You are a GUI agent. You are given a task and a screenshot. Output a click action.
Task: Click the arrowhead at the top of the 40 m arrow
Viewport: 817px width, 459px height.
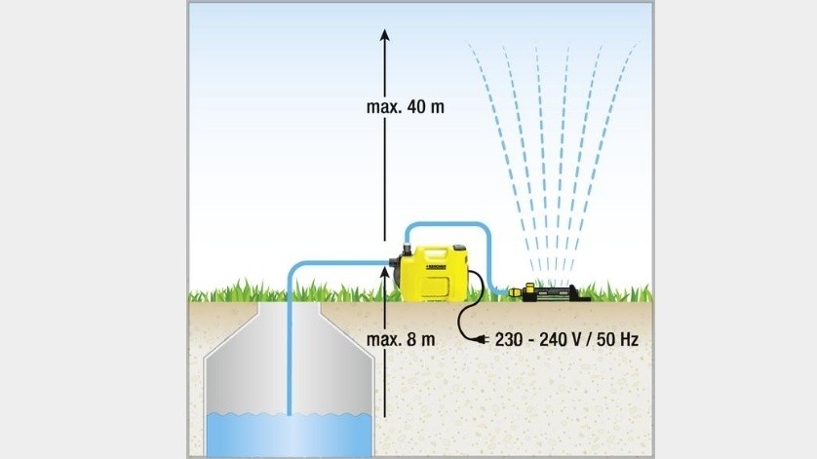click(384, 35)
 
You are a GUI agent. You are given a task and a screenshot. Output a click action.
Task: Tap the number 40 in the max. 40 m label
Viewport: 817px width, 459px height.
click(414, 107)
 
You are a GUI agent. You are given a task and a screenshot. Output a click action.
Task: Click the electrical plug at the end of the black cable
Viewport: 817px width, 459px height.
click(481, 340)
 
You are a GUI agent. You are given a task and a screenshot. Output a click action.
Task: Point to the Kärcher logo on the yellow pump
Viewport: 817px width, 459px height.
click(437, 267)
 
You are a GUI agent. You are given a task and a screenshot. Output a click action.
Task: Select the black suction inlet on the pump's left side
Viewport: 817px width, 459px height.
click(395, 267)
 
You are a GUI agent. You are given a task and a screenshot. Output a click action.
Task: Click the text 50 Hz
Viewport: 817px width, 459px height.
click(617, 340)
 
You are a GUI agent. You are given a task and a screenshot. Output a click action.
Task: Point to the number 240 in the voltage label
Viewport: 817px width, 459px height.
click(554, 340)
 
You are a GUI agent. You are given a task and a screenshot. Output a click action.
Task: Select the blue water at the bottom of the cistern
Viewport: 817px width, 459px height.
click(290, 435)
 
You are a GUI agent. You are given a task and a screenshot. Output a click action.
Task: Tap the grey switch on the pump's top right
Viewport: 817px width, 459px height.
click(459, 249)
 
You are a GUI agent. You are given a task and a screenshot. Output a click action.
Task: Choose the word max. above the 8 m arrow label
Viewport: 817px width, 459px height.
click(383, 340)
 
